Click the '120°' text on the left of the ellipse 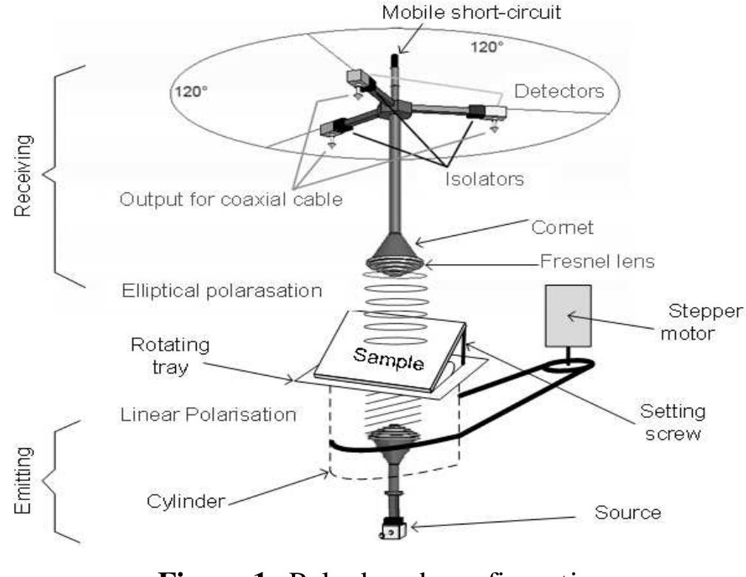coord(188,93)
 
